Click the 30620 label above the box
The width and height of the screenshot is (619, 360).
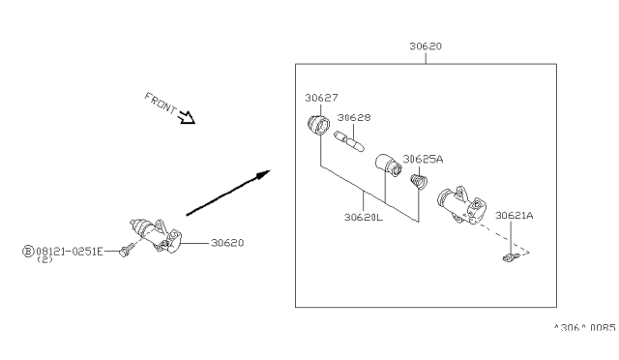pyautogui.click(x=426, y=46)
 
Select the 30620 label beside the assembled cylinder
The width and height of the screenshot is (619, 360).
pyautogui.click(x=227, y=243)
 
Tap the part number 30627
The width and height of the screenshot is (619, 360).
pyautogui.click(x=321, y=98)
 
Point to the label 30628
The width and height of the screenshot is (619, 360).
pyautogui.click(x=354, y=117)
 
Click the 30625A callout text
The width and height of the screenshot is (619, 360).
pyautogui.click(x=423, y=159)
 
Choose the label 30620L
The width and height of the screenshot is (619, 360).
pyautogui.click(x=364, y=217)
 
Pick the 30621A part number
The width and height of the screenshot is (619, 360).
pyautogui.click(x=514, y=216)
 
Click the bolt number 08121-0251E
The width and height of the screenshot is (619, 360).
pyautogui.click(x=70, y=252)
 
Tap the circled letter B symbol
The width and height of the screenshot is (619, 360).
pyautogui.click(x=28, y=251)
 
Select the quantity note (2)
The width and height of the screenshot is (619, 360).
pyautogui.click(x=44, y=259)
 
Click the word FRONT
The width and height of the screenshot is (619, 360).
pyautogui.click(x=161, y=103)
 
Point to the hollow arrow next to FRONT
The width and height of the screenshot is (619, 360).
pyautogui.click(x=187, y=117)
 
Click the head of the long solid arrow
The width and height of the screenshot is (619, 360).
pyautogui.click(x=263, y=174)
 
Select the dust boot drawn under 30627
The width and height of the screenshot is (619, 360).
pyautogui.click(x=319, y=125)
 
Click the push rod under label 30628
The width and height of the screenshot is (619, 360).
pyautogui.click(x=349, y=141)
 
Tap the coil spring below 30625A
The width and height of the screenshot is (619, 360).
pyautogui.click(x=419, y=181)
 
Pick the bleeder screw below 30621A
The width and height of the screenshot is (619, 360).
pyautogui.click(x=512, y=258)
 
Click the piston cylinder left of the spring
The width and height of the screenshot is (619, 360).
pyautogui.click(x=389, y=165)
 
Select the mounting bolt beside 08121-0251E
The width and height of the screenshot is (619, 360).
pyautogui.click(x=127, y=250)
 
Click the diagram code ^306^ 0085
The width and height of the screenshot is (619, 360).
pyautogui.click(x=584, y=328)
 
